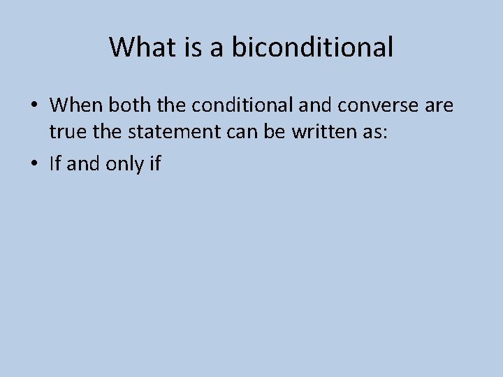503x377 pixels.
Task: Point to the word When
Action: tap(73, 105)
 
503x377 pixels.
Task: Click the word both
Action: tap(124, 105)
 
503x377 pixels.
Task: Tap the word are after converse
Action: tap(438, 105)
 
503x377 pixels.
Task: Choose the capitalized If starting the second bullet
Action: tap(56, 164)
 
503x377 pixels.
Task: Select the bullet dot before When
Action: tap(34, 106)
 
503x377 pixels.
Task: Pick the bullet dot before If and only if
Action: tap(34, 165)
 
